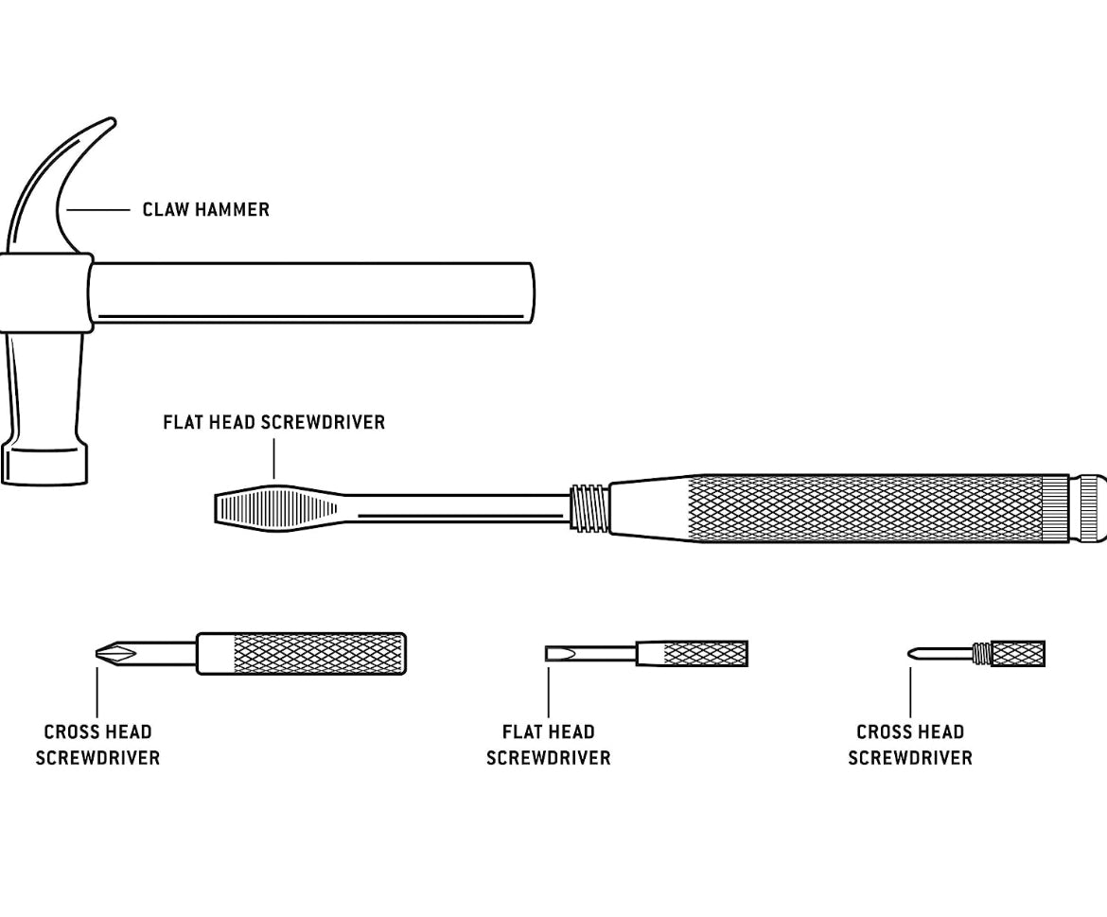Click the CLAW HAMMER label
click(x=205, y=209)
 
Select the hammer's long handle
click(x=312, y=292)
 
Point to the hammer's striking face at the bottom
click(x=44, y=465)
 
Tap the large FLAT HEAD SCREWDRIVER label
click(x=273, y=422)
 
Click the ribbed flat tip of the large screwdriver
click(x=274, y=507)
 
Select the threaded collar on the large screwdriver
click(x=589, y=507)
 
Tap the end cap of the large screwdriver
click(x=1091, y=508)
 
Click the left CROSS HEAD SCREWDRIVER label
click(x=97, y=745)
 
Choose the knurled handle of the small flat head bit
click(x=705, y=653)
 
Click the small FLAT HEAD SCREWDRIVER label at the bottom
click(x=548, y=745)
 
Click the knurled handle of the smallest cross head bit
click(x=1018, y=653)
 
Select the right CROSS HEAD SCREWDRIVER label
click(x=909, y=745)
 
